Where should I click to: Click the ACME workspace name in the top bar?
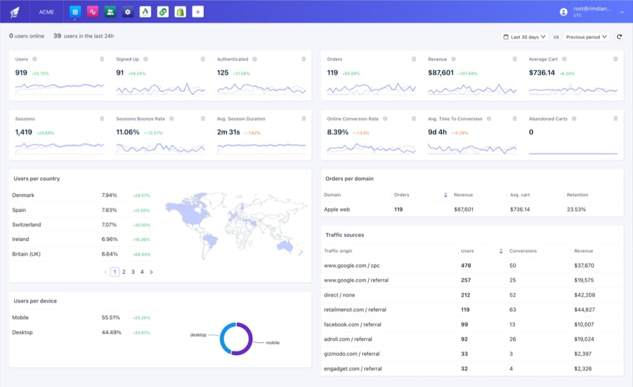(x=46, y=12)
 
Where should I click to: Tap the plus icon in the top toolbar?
(x=197, y=12)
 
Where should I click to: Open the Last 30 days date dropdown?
(x=525, y=37)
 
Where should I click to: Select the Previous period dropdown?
(x=586, y=37)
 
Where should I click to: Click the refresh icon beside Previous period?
(x=619, y=37)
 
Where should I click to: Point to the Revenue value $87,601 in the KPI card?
(x=440, y=73)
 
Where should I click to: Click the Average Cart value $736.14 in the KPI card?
(x=542, y=73)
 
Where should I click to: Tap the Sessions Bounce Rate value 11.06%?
(x=128, y=132)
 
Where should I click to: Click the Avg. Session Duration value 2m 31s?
(x=228, y=132)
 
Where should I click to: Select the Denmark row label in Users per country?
(x=23, y=195)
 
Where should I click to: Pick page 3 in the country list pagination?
(x=133, y=272)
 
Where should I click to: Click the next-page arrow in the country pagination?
(x=151, y=272)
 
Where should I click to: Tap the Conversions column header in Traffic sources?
(x=522, y=251)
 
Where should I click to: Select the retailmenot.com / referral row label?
(x=355, y=309)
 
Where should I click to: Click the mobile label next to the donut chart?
(x=273, y=343)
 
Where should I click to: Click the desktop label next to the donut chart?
(x=198, y=335)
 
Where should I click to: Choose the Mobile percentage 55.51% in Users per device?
(x=111, y=317)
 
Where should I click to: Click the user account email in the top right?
(x=592, y=9)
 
